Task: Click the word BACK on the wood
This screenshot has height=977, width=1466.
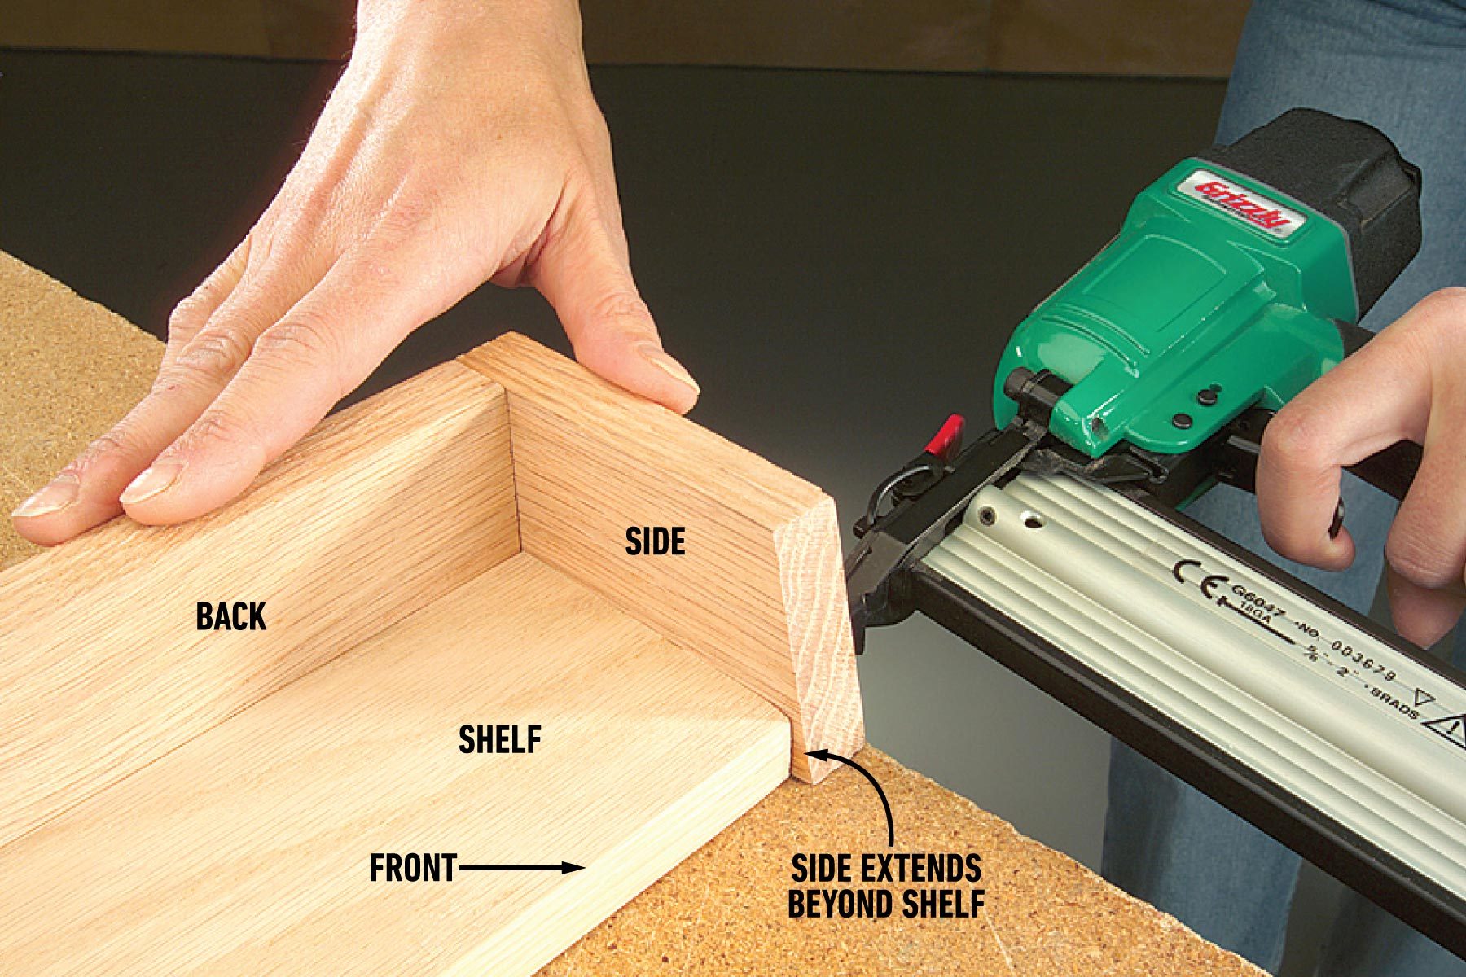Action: [230, 616]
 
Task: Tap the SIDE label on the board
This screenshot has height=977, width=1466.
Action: [655, 541]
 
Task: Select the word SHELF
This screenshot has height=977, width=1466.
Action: [499, 740]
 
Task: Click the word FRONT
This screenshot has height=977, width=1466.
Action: [412, 869]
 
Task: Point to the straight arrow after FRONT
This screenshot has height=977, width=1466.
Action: [521, 868]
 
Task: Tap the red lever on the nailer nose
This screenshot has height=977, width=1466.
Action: [949, 435]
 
